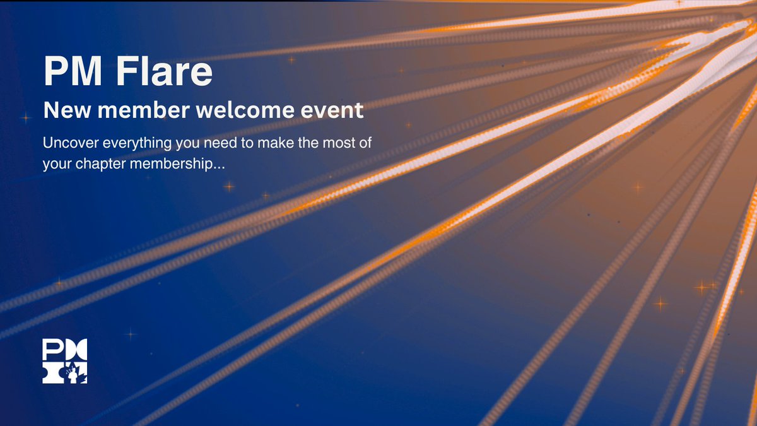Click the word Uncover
pos(67,143)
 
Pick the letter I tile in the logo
pos(53,373)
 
